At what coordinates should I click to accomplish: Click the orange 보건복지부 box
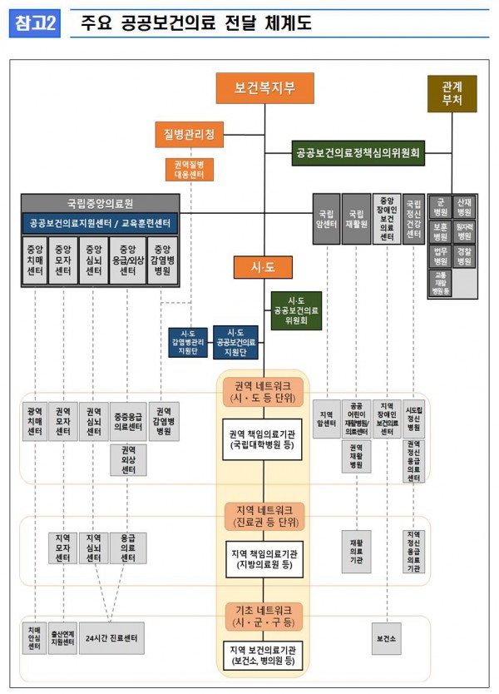264,87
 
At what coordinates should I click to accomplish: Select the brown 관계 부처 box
452,93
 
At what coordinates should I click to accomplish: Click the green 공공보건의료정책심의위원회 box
358,153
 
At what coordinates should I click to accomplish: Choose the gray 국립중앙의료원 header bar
100,203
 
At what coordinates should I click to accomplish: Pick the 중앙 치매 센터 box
35,260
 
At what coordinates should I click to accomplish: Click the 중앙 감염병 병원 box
163,260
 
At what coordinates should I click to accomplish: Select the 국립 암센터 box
326,219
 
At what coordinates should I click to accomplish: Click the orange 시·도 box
264,266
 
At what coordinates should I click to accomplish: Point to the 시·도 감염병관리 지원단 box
187,341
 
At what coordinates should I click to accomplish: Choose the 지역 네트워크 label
264,515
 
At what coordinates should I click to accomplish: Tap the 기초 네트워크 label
264,616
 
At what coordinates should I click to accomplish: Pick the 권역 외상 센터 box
128,460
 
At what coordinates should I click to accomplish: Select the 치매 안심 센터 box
35,638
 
